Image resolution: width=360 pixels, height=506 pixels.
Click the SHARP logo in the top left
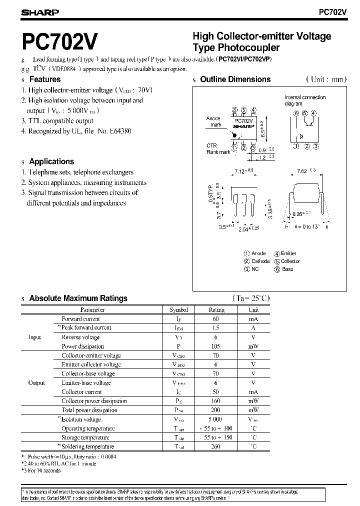click(x=40, y=13)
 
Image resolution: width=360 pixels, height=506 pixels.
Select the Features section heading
click(x=45, y=79)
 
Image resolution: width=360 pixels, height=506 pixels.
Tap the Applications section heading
click(x=51, y=161)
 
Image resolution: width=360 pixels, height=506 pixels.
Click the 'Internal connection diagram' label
click(x=305, y=100)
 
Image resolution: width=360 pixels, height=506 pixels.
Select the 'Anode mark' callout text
click(x=213, y=121)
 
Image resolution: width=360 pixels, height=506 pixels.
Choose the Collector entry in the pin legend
click(x=290, y=261)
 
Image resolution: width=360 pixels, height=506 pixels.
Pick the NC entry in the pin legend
click(x=255, y=269)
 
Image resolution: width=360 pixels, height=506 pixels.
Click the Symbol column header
click(x=178, y=310)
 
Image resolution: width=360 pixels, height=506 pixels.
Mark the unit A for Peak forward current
click(x=253, y=328)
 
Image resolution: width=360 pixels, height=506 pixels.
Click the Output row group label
click(x=36, y=382)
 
